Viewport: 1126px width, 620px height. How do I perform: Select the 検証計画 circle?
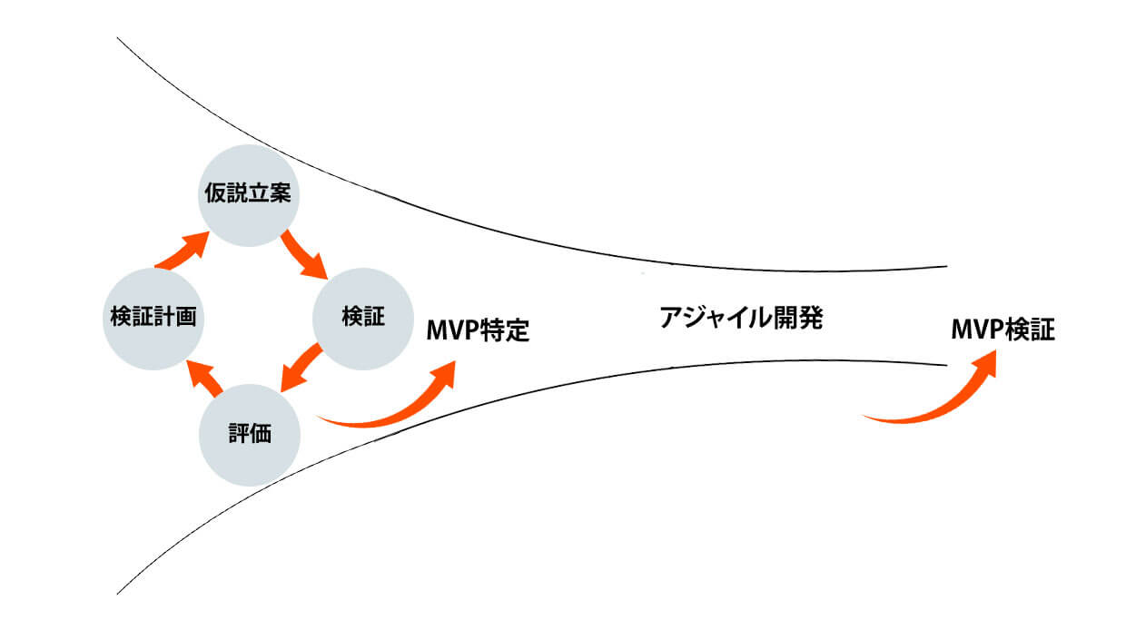pos(152,318)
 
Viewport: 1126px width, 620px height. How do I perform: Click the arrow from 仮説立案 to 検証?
pos(304,254)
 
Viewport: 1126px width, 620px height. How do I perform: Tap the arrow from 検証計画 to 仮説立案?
pos(185,251)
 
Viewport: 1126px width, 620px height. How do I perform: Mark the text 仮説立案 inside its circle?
pos(247,195)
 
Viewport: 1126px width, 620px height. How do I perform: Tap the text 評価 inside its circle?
pos(248,435)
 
